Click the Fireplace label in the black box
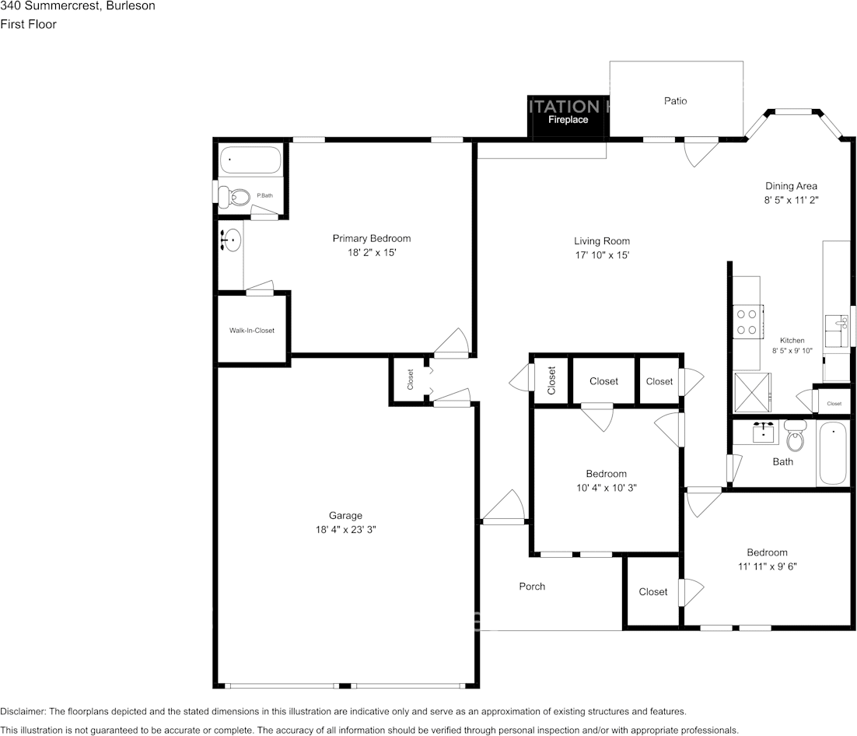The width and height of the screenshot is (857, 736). (x=568, y=120)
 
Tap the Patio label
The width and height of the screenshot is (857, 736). (x=675, y=101)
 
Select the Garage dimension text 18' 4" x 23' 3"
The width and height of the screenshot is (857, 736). (x=345, y=529)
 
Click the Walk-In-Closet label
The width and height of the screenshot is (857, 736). (x=251, y=331)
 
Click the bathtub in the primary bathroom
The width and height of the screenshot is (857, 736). (x=250, y=160)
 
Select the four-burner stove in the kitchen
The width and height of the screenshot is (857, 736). (x=747, y=322)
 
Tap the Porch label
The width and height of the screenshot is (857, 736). (x=532, y=587)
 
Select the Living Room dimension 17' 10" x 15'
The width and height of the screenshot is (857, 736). (x=602, y=255)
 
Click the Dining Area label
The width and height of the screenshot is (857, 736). (x=791, y=186)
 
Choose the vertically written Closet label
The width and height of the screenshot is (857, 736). (x=551, y=380)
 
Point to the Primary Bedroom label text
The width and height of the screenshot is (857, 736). (x=371, y=239)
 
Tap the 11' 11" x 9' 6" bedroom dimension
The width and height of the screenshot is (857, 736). (x=767, y=567)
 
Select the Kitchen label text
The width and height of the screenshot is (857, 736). (x=792, y=341)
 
